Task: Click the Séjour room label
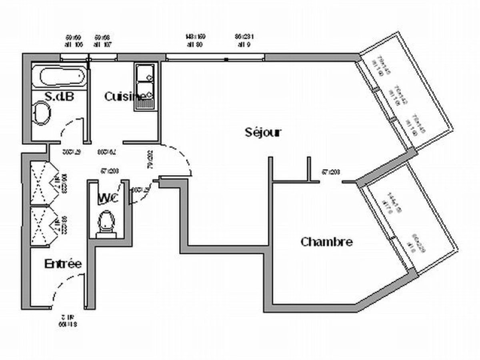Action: pyautogui.click(x=263, y=132)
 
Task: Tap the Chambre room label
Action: pyautogui.click(x=326, y=242)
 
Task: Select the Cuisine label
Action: pyautogui.click(x=124, y=96)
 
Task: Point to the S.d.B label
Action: pyautogui.click(x=60, y=96)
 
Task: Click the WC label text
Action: pyautogui.click(x=108, y=198)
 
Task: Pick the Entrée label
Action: pyautogui.click(x=63, y=264)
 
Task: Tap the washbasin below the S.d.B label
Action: pyautogui.click(x=41, y=114)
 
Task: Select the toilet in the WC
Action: pyautogui.click(x=106, y=222)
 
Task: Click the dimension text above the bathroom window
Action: pyautogui.click(x=74, y=41)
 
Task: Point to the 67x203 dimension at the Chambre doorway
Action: pyautogui.click(x=331, y=172)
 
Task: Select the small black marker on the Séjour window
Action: pyautogui.click(x=226, y=59)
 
